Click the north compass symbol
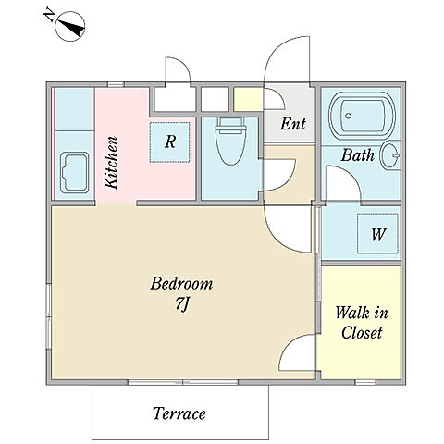70,26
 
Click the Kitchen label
111,163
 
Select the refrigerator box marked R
169,142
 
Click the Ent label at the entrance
293,124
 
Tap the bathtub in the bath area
362,116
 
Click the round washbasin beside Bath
390,155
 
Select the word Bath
358,154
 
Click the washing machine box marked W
377,234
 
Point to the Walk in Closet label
362,323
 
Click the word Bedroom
181,283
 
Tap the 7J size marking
182,304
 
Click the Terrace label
179,413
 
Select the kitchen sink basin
75,173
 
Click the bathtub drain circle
349,116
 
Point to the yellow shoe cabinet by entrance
249,99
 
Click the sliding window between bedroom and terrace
183,382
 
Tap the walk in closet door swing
296,351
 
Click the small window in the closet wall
365,382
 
